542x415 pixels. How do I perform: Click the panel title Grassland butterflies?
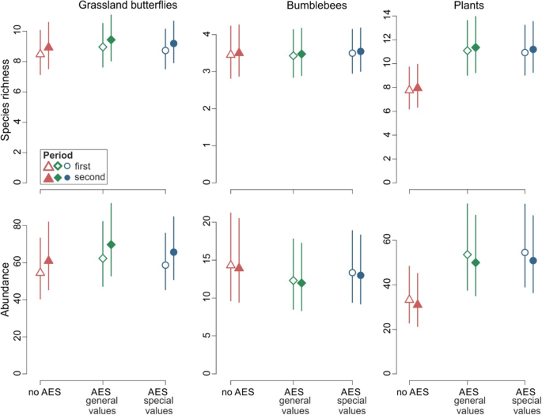click(x=127, y=6)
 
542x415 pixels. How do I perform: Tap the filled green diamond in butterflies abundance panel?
click(x=111, y=245)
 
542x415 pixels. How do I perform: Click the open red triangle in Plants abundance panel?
click(x=409, y=299)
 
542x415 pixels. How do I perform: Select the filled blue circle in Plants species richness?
click(x=533, y=49)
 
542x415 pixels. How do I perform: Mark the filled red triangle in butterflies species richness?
click(x=48, y=47)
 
